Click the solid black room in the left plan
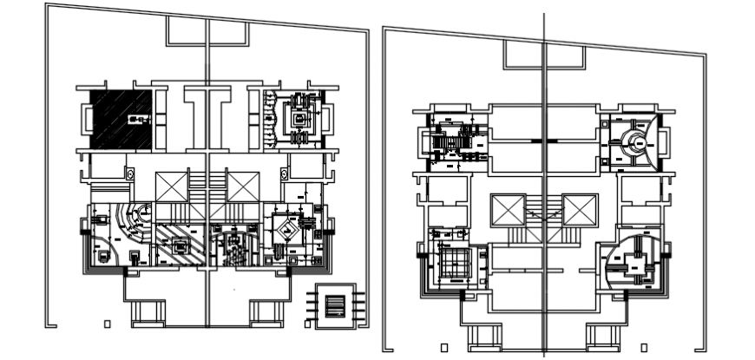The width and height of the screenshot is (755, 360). pyautogui.click(x=121, y=117)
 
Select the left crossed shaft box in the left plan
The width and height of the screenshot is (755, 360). pyautogui.click(x=171, y=187)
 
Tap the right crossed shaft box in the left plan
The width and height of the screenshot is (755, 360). pyautogui.click(x=242, y=187)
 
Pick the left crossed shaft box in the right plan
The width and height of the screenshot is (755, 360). pyautogui.click(x=506, y=211)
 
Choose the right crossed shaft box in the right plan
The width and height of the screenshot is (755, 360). pyautogui.click(x=579, y=211)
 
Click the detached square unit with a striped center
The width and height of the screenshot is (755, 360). pyautogui.click(x=335, y=304)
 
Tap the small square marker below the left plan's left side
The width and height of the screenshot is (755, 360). pyautogui.click(x=107, y=324)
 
